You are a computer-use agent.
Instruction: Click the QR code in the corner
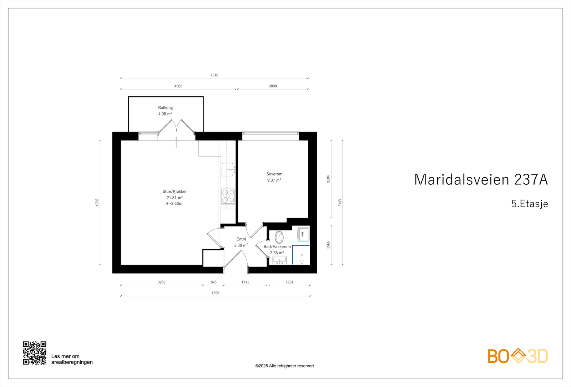pyautogui.click(x=35, y=353)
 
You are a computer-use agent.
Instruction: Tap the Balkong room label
pyautogui.click(x=165, y=108)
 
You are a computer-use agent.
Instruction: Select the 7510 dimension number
pyautogui.click(x=214, y=75)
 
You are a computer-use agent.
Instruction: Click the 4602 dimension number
pyautogui.click(x=178, y=86)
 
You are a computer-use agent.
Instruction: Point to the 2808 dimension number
pyautogui.click(x=273, y=86)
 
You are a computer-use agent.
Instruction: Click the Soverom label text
pyautogui.click(x=274, y=174)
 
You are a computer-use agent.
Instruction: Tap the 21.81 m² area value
pyautogui.click(x=175, y=198)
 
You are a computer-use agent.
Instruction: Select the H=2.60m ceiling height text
pyautogui.click(x=174, y=204)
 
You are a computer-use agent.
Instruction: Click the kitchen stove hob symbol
pyautogui.click(x=228, y=196)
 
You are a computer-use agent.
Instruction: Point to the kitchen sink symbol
pyautogui.click(x=227, y=169)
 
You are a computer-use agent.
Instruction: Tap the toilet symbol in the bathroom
pyautogui.click(x=279, y=237)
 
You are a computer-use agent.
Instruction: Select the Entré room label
pyautogui.click(x=241, y=239)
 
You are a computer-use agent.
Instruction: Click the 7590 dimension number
pyautogui.click(x=215, y=293)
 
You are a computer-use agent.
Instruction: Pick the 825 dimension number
pyautogui.click(x=213, y=282)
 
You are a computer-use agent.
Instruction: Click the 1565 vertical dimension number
pyautogui.click(x=328, y=245)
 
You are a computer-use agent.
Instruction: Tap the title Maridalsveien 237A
pyautogui.click(x=481, y=179)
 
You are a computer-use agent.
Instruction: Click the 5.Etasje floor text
pyautogui.click(x=530, y=204)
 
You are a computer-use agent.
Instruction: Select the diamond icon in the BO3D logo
pyautogui.click(x=518, y=356)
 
